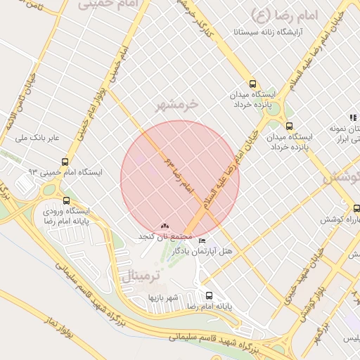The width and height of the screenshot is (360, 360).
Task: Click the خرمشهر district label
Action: tap(186, 103)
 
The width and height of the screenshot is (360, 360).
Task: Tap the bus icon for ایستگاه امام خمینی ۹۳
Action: tap(65, 161)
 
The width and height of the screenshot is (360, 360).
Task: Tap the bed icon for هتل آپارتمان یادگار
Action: tap(203, 241)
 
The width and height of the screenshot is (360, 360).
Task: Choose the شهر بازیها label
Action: tap(162, 297)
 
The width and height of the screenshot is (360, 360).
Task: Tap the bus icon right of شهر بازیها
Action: tap(208, 295)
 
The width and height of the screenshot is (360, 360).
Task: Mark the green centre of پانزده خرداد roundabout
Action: tap(271, 108)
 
